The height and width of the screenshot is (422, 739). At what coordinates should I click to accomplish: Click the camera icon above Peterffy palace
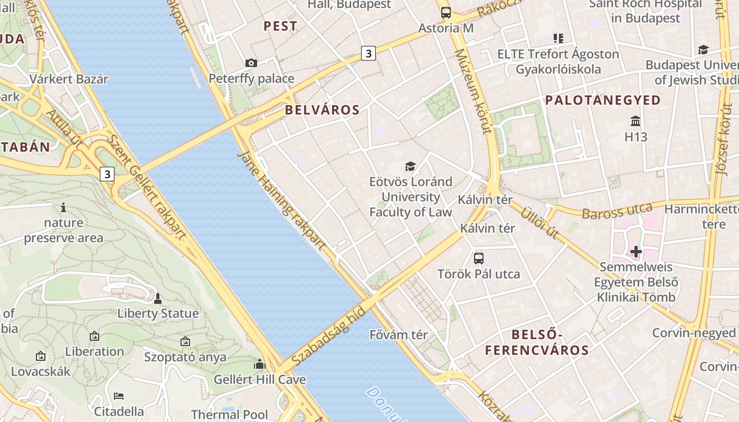click(251, 63)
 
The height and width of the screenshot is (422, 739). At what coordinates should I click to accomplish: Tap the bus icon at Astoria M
click(446, 13)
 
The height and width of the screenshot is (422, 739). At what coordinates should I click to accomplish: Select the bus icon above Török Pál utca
click(478, 258)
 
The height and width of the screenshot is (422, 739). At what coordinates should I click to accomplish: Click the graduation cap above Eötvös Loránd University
click(410, 167)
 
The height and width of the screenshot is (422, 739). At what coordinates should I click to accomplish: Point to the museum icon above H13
click(636, 121)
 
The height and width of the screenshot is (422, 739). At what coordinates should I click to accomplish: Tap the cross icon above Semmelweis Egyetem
click(636, 252)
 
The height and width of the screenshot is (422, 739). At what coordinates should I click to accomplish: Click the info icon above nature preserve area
click(63, 207)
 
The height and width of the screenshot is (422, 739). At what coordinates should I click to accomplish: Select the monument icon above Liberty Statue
click(157, 299)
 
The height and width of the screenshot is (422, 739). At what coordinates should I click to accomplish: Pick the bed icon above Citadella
click(119, 396)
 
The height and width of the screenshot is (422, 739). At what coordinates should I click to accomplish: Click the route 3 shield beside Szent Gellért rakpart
click(107, 174)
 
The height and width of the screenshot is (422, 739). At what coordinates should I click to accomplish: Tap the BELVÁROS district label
click(322, 110)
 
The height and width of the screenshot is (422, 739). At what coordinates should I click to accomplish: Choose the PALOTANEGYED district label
click(603, 100)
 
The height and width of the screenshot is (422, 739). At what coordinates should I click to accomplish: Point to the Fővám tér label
click(399, 334)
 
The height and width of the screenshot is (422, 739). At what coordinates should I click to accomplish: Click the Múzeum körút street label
click(473, 92)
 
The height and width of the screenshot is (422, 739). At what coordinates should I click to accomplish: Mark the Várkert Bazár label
click(69, 79)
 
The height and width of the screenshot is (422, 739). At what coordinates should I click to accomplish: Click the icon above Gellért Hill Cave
click(259, 364)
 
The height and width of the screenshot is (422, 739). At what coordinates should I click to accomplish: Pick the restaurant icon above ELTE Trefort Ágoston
click(558, 38)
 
